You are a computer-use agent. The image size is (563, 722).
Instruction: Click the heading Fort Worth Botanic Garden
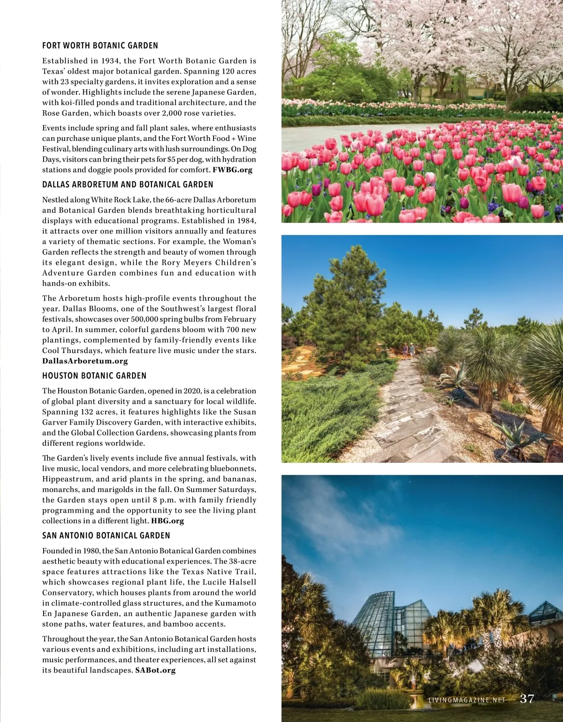pos(100,46)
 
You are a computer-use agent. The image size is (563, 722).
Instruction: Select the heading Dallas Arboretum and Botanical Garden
pos(128,184)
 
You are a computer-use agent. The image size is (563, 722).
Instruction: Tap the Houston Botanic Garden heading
pos(94,376)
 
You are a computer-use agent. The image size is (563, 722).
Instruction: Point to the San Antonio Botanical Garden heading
pos(106,536)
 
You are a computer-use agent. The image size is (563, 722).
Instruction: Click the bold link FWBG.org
pos(232,170)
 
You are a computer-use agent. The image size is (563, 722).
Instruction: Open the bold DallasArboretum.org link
pos(85,361)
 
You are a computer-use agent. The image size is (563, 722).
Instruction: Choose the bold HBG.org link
pos(167,521)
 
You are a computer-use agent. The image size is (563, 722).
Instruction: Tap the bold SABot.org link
pos(155,670)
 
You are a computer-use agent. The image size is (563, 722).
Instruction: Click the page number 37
pos(527,699)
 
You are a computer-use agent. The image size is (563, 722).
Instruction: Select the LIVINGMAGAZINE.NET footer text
pos(467,700)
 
